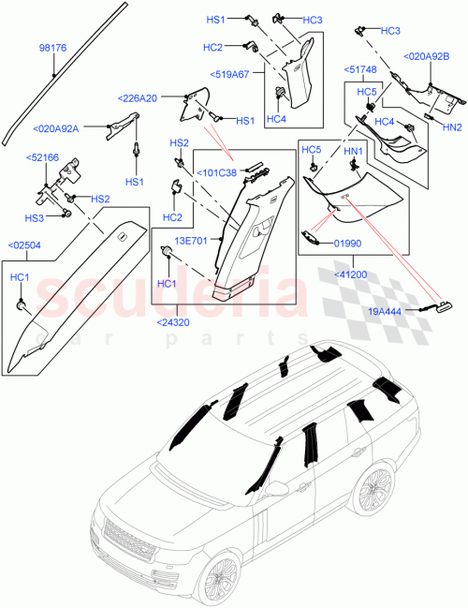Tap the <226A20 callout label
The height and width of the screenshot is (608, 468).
pyautogui.click(x=138, y=97)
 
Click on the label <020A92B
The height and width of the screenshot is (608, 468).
pyautogui.click(x=426, y=56)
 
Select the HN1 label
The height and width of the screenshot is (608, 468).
pyautogui.click(x=353, y=151)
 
